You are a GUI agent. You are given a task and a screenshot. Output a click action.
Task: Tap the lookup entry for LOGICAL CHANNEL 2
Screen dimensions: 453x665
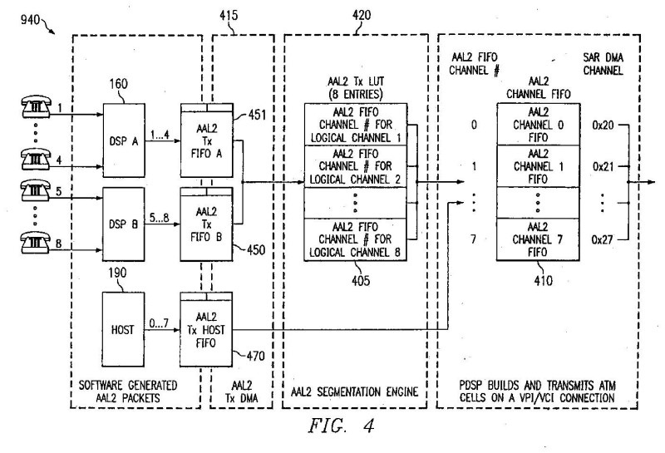click(x=355, y=166)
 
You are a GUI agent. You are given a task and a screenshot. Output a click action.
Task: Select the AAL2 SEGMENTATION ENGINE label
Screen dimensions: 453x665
click(x=355, y=391)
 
